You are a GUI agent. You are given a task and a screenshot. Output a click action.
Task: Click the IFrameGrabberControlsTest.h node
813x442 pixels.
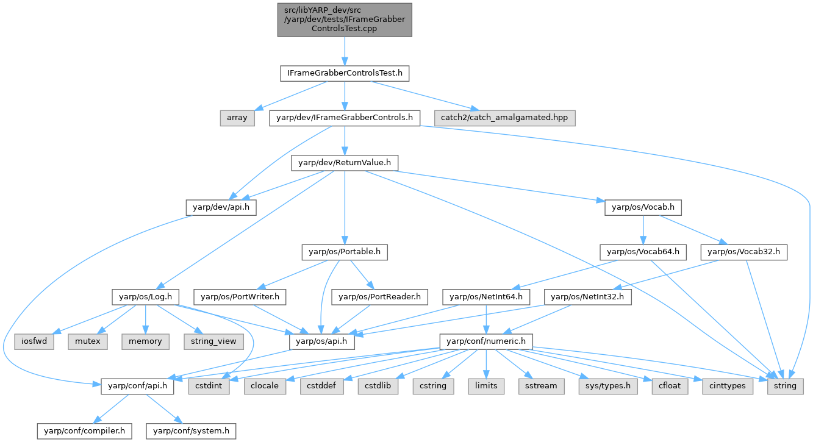345,74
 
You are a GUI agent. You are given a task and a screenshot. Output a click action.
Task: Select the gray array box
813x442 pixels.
237,118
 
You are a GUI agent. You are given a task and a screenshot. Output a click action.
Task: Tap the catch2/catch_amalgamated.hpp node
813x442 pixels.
505,118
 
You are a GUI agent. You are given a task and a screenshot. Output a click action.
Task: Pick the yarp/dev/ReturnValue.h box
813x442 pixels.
345,163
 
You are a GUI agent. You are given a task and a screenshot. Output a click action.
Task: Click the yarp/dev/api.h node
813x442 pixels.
221,207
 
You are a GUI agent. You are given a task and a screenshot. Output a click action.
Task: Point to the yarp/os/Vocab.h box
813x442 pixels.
643,207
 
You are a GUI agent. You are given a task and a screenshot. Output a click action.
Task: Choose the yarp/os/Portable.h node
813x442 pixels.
345,252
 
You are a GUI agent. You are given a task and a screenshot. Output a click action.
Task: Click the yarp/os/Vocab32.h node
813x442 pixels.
744,252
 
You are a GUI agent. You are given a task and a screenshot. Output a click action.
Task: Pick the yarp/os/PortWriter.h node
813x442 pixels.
240,297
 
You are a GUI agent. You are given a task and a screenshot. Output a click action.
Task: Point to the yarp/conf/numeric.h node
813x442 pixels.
485,341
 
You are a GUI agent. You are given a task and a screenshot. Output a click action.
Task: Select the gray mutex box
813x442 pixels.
88,341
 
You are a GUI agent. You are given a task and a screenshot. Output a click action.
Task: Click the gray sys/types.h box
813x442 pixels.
604,386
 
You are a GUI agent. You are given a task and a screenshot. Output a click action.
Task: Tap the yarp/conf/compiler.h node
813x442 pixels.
84,431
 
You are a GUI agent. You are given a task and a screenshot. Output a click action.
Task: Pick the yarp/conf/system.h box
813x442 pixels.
190,431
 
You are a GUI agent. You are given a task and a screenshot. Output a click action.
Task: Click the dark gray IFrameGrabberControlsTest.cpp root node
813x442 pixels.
345,20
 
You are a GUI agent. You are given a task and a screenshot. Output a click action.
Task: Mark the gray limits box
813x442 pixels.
485,386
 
